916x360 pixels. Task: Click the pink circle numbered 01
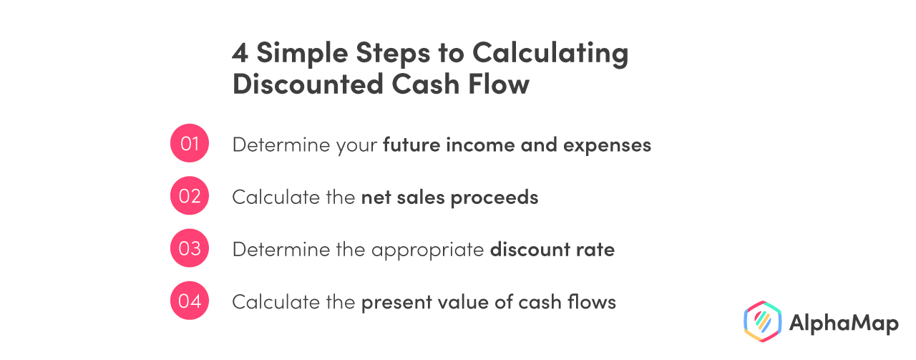(x=189, y=144)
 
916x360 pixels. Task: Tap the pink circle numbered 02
(x=189, y=196)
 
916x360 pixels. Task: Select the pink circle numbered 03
(x=189, y=249)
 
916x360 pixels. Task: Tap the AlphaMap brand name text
(x=843, y=323)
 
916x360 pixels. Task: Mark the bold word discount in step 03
(x=525, y=250)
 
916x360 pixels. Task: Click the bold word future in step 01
(x=411, y=145)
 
